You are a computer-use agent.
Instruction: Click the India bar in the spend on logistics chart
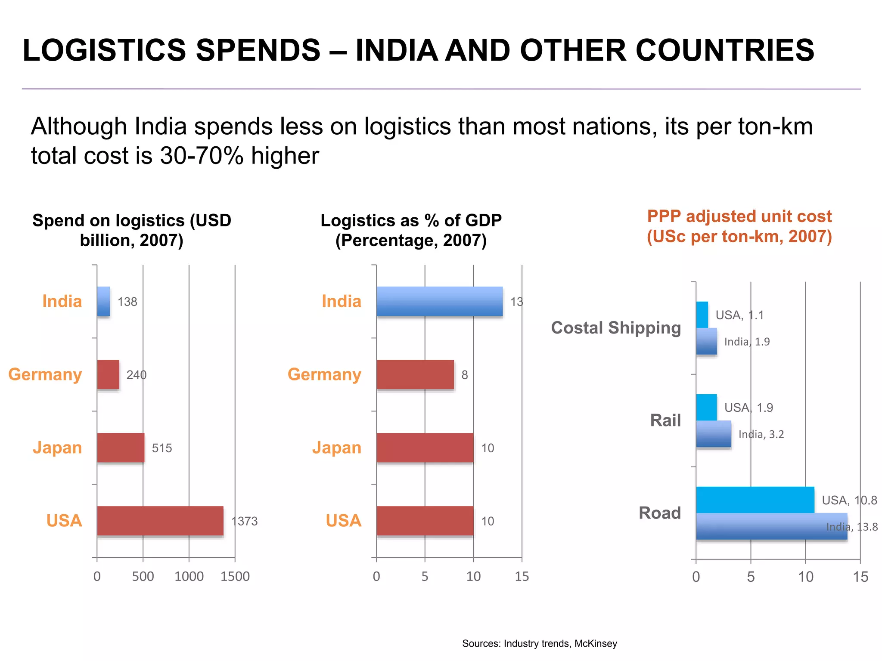click(103, 302)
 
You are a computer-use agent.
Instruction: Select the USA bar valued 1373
click(160, 521)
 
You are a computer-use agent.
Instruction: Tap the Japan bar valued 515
click(121, 448)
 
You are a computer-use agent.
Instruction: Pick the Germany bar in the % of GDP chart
click(415, 374)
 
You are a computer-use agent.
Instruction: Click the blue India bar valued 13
click(439, 301)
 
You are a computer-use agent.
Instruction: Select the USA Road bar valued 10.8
click(755, 500)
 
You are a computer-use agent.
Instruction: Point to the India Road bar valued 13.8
click(771, 526)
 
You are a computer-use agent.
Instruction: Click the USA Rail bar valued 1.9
click(706, 407)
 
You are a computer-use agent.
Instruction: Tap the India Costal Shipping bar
click(706, 341)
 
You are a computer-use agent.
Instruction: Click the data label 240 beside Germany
click(137, 375)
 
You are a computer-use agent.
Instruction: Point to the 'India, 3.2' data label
click(761, 434)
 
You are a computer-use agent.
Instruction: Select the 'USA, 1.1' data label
click(739, 315)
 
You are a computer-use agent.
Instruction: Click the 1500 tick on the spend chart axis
click(235, 577)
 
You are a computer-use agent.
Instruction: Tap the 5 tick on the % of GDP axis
click(425, 577)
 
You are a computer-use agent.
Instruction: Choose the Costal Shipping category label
click(616, 328)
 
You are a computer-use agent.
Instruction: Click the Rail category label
click(665, 420)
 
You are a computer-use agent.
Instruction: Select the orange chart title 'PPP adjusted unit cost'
click(739, 216)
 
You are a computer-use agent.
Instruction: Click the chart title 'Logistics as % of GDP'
click(411, 221)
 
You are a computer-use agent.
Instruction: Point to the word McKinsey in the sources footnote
click(596, 644)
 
